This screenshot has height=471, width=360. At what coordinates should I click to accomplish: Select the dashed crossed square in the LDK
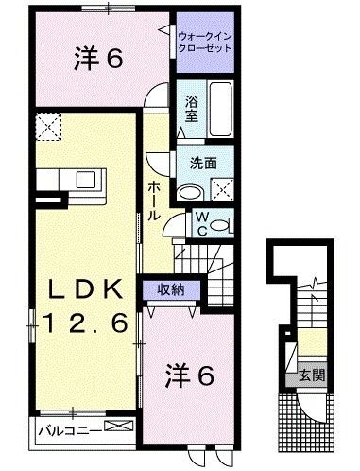[46, 126]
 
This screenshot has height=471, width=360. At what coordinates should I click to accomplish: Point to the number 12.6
[83, 324]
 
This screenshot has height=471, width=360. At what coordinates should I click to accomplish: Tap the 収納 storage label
[170, 289]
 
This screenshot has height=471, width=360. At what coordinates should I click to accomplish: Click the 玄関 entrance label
[314, 375]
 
